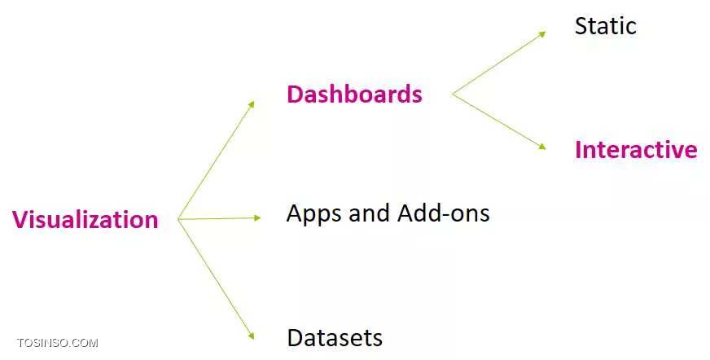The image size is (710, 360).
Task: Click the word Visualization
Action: (85, 220)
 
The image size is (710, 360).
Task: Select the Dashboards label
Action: (354, 94)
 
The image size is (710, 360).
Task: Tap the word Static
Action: (606, 26)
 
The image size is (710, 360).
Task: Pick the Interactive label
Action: (636, 149)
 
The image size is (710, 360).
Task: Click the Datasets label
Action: (335, 337)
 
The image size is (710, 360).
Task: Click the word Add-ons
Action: (443, 213)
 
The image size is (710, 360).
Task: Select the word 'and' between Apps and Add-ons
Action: (369, 213)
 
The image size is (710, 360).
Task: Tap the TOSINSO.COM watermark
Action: (58, 343)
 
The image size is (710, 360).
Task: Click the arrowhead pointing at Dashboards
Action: (252, 104)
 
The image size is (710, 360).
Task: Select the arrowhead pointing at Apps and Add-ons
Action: (257, 217)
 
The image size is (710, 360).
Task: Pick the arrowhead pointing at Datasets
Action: (251, 336)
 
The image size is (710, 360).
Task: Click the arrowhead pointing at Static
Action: (542, 34)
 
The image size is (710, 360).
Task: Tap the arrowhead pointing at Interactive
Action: (542, 147)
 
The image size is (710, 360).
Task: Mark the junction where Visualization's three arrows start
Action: (178, 219)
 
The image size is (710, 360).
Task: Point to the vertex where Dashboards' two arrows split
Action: (453, 94)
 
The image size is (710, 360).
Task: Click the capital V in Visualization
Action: (20, 220)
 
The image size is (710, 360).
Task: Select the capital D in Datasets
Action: (295, 338)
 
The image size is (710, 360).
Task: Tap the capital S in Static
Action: (581, 26)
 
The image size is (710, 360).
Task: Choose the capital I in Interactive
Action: (578, 150)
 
